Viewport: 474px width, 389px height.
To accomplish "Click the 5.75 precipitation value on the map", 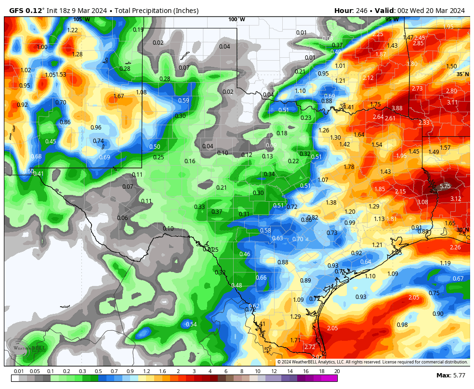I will (x=445, y=186).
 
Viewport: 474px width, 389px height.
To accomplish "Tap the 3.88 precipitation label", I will (x=397, y=108).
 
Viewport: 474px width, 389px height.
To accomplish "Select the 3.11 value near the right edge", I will (x=452, y=102).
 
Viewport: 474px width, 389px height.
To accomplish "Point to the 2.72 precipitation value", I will (x=310, y=347).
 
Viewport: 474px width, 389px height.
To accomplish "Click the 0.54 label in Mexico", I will (x=191, y=324).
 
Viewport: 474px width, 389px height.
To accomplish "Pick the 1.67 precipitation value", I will (x=118, y=96).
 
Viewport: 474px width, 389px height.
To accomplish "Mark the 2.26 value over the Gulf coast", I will (x=455, y=247).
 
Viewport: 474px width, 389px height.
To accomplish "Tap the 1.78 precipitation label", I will (x=349, y=167).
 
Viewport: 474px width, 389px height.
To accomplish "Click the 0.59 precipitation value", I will (x=184, y=100).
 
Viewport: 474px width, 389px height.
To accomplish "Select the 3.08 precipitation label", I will (x=422, y=202).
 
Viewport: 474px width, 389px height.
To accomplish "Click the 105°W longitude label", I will (x=81, y=19).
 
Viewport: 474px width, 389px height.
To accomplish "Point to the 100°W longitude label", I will (x=237, y=19).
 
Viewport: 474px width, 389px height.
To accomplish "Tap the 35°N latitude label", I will (x=462, y=74).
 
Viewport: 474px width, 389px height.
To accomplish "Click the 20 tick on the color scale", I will (x=337, y=371).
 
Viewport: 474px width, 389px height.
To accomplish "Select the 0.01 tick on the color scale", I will (x=19, y=371).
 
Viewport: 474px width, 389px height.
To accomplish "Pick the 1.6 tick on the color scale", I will (x=162, y=371).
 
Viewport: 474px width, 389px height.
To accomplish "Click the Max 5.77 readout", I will (x=450, y=375).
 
